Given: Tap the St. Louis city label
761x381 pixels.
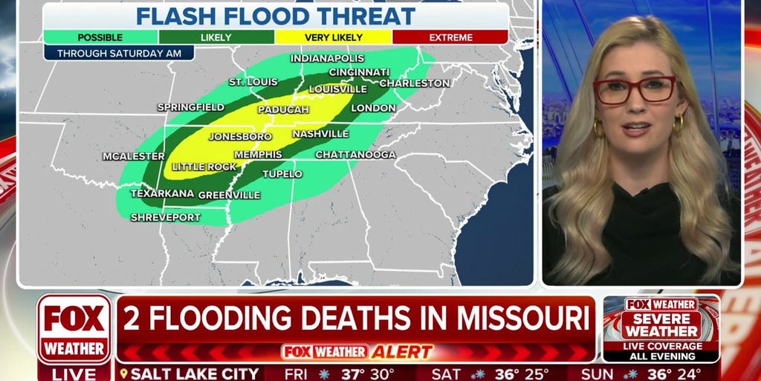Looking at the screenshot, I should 253,81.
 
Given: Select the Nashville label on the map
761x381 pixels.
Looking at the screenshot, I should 320,134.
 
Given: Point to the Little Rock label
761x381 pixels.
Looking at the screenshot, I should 204,167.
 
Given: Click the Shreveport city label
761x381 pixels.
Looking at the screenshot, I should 166,217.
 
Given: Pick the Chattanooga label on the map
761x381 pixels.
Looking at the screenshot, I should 355,155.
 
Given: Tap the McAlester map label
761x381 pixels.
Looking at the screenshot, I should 134,156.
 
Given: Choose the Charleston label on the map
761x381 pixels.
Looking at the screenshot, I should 415,83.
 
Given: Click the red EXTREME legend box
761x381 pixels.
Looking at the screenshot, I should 450,36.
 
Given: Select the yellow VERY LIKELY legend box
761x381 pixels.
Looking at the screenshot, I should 333,36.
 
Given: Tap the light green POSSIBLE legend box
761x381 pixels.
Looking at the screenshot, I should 100,36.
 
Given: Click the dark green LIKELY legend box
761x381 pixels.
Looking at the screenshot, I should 216,36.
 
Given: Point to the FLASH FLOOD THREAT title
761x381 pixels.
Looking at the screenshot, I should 275,16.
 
